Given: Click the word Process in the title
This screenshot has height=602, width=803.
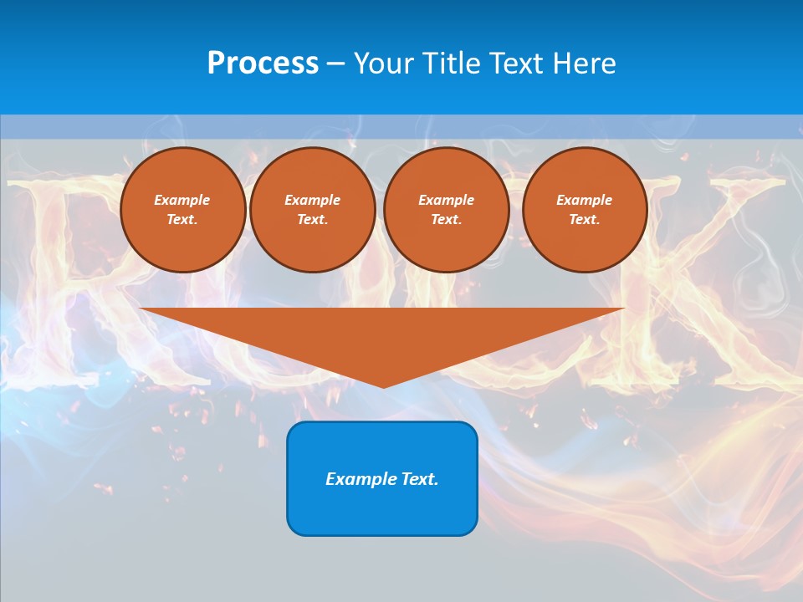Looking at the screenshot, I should point(263,64).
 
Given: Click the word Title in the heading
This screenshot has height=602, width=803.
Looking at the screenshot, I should point(453,64).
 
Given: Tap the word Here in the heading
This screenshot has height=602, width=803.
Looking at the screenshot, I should point(583,64).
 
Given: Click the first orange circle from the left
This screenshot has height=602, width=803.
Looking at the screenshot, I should point(182,210).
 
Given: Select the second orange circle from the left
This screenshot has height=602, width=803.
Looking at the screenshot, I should point(312,210).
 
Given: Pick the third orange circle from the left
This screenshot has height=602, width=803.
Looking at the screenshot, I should point(446,210).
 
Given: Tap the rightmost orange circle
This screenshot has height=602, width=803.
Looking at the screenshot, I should point(584,210).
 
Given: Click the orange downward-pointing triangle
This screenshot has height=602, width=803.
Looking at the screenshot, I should point(382,334).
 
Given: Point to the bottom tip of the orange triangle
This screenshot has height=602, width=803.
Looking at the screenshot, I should point(382,386).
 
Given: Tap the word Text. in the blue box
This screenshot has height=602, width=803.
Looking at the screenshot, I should point(418,479).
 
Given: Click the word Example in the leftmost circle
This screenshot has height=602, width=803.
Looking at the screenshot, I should point(182,200).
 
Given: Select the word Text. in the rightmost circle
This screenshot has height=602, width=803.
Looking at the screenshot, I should point(584,219).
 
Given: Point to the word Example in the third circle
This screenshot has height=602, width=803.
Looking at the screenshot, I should point(446,200).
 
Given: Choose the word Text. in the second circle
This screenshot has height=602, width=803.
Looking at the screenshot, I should point(312,219).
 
